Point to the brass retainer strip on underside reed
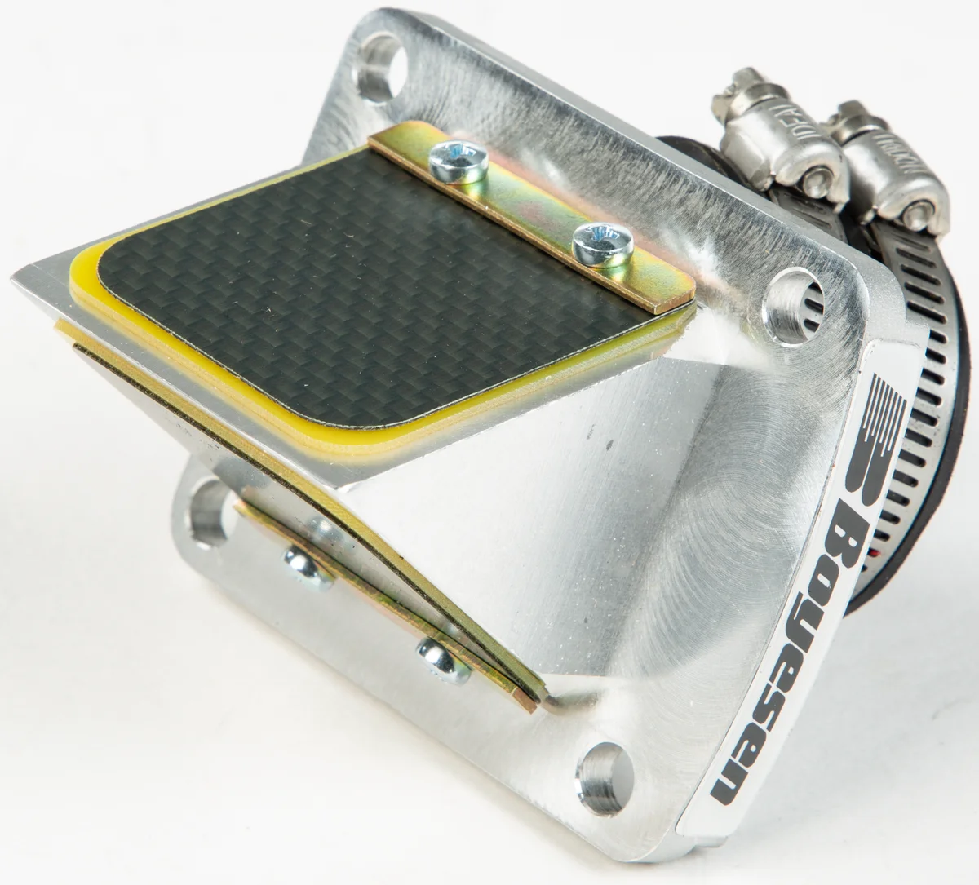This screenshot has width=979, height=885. [x=383, y=620]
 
